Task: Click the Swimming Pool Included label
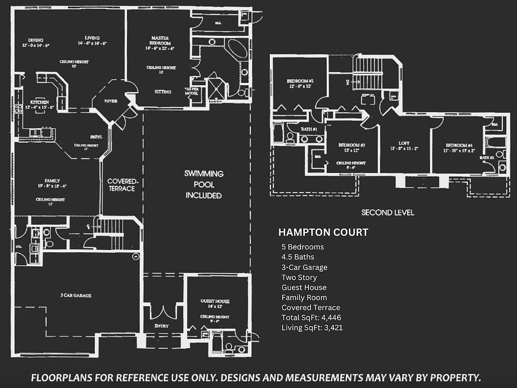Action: pyautogui.click(x=204, y=184)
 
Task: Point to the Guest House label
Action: pyautogui.click(x=215, y=301)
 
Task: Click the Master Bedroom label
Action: pyautogui.click(x=160, y=40)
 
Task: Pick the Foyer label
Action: pyautogui.click(x=110, y=101)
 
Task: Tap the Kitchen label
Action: pyautogui.click(x=39, y=102)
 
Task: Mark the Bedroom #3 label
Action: pyautogui.click(x=352, y=145)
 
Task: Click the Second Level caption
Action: pyautogui.click(x=388, y=212)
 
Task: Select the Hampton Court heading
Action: pyautogui.click(x=323, y=233)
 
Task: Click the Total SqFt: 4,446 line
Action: pyautogui.click(x=311, y=317)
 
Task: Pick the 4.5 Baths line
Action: pyautogui.click(x=298, y=257)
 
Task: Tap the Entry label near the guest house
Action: pyautogui.click(x=162, y=326)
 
